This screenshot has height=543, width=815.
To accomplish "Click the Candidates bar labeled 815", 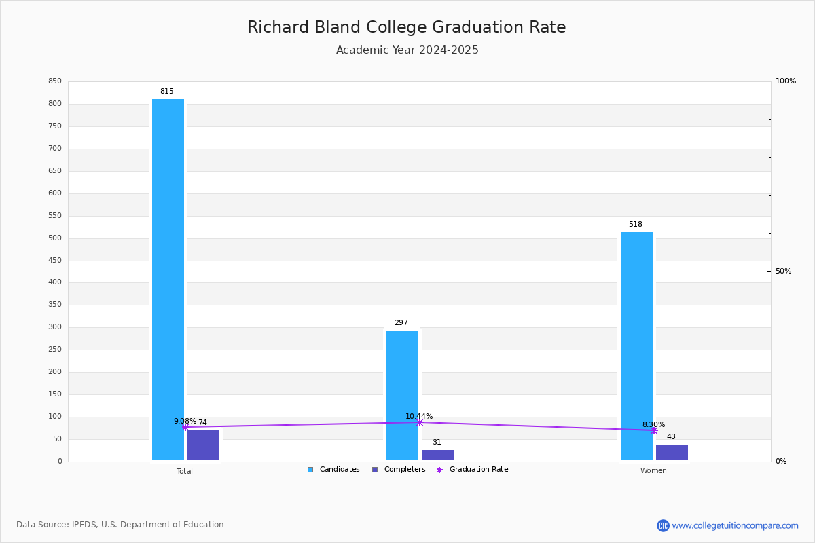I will (x=168, y=280).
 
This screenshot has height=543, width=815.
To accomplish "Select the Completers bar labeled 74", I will (x=203, y=445).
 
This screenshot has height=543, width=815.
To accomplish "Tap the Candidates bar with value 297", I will (x=402, y=395).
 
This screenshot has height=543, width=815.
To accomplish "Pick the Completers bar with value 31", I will (x=437, y=455).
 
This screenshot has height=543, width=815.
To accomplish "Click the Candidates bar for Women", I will (x=636, y=346).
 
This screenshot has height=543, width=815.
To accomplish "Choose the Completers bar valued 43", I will (x=672, y=452).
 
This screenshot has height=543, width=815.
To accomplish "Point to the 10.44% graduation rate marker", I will (x=420, y=422).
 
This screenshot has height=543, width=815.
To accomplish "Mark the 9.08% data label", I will (x=185, y=421).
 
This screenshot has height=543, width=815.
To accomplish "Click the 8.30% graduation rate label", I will (x=653, y=424).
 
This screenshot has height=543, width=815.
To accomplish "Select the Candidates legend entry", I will (x=333, y=470).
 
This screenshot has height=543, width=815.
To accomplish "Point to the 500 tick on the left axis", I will (x=54, y=238).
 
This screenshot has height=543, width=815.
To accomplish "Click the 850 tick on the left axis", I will (x=54, y=81).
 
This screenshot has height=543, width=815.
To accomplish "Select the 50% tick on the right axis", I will (x=783, y=271).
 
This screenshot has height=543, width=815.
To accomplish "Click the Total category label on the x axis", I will (x=185, y=471).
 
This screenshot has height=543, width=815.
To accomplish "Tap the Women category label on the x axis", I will (x=653, y=471).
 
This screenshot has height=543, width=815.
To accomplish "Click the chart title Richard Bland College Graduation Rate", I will (x=406, y=27).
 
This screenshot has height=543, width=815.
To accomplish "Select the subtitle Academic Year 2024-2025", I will (x=407, y=50).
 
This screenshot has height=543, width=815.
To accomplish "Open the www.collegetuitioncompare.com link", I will (x=735, y=525).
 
